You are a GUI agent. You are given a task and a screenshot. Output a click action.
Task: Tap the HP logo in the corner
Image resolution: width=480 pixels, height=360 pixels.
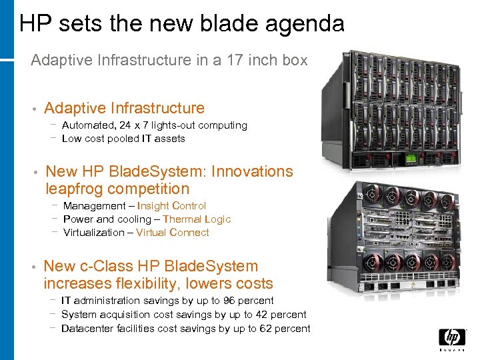(452, 339)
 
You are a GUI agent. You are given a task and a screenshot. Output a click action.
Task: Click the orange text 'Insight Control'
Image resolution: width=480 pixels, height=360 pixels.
(171, 206)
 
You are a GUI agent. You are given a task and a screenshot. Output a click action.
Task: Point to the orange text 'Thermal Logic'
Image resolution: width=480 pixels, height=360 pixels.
(197, 219)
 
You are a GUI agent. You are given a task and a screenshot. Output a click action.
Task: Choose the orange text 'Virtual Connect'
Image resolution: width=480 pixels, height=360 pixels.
(173, 233)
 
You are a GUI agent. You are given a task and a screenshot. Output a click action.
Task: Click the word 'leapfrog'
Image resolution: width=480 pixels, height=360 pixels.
(74, 189)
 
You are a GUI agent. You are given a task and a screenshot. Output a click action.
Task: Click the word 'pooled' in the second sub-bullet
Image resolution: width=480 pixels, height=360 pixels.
(124, 139)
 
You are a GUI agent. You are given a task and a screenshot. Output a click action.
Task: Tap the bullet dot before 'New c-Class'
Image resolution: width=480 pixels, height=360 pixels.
(33, 267)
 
